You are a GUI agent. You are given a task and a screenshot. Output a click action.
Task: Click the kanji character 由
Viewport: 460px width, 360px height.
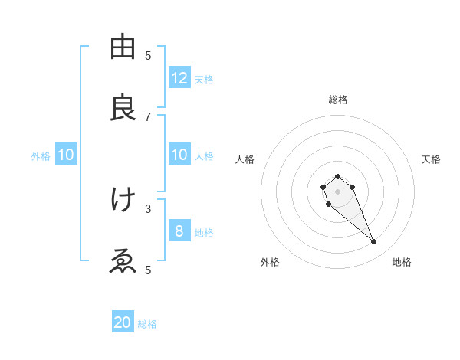(123, 47)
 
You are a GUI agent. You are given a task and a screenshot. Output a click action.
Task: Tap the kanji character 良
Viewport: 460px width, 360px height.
(123, 108)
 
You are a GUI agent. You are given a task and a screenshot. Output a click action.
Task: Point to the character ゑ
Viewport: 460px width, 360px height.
(123, 261)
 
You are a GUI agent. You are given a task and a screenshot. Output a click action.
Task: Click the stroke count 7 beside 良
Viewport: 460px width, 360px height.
(148, 116)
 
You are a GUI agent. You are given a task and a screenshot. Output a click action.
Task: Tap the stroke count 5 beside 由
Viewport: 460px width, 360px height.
(148, 55)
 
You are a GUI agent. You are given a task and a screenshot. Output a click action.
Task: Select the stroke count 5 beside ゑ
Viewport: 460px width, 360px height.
(148, 270)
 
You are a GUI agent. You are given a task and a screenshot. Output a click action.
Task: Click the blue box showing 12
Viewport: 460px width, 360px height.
(179, 78)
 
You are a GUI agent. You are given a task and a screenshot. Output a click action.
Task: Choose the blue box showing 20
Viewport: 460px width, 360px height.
(123, 323)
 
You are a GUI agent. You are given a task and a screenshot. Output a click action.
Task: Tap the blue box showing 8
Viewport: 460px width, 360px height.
(179, 231)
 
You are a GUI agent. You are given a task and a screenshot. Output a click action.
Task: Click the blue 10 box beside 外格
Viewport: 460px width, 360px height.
(66, 155)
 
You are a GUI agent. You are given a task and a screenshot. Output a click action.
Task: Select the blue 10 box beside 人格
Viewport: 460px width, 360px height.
(179, 155)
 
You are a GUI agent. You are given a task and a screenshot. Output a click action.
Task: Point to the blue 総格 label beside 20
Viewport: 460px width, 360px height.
(147, 324)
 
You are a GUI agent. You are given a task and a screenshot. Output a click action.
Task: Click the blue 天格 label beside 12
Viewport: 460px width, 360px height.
(204, 80)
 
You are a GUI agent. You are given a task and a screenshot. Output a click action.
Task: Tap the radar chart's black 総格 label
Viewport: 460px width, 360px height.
(337, 100)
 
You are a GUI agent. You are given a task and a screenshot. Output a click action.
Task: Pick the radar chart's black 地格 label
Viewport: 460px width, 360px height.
(402, 263)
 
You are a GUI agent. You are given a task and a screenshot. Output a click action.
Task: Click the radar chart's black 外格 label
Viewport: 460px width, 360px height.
(270, 263)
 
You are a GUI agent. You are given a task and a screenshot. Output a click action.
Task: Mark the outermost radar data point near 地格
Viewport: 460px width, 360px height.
(374, 242)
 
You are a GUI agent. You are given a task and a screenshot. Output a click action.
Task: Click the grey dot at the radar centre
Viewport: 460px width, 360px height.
(337, 191)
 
